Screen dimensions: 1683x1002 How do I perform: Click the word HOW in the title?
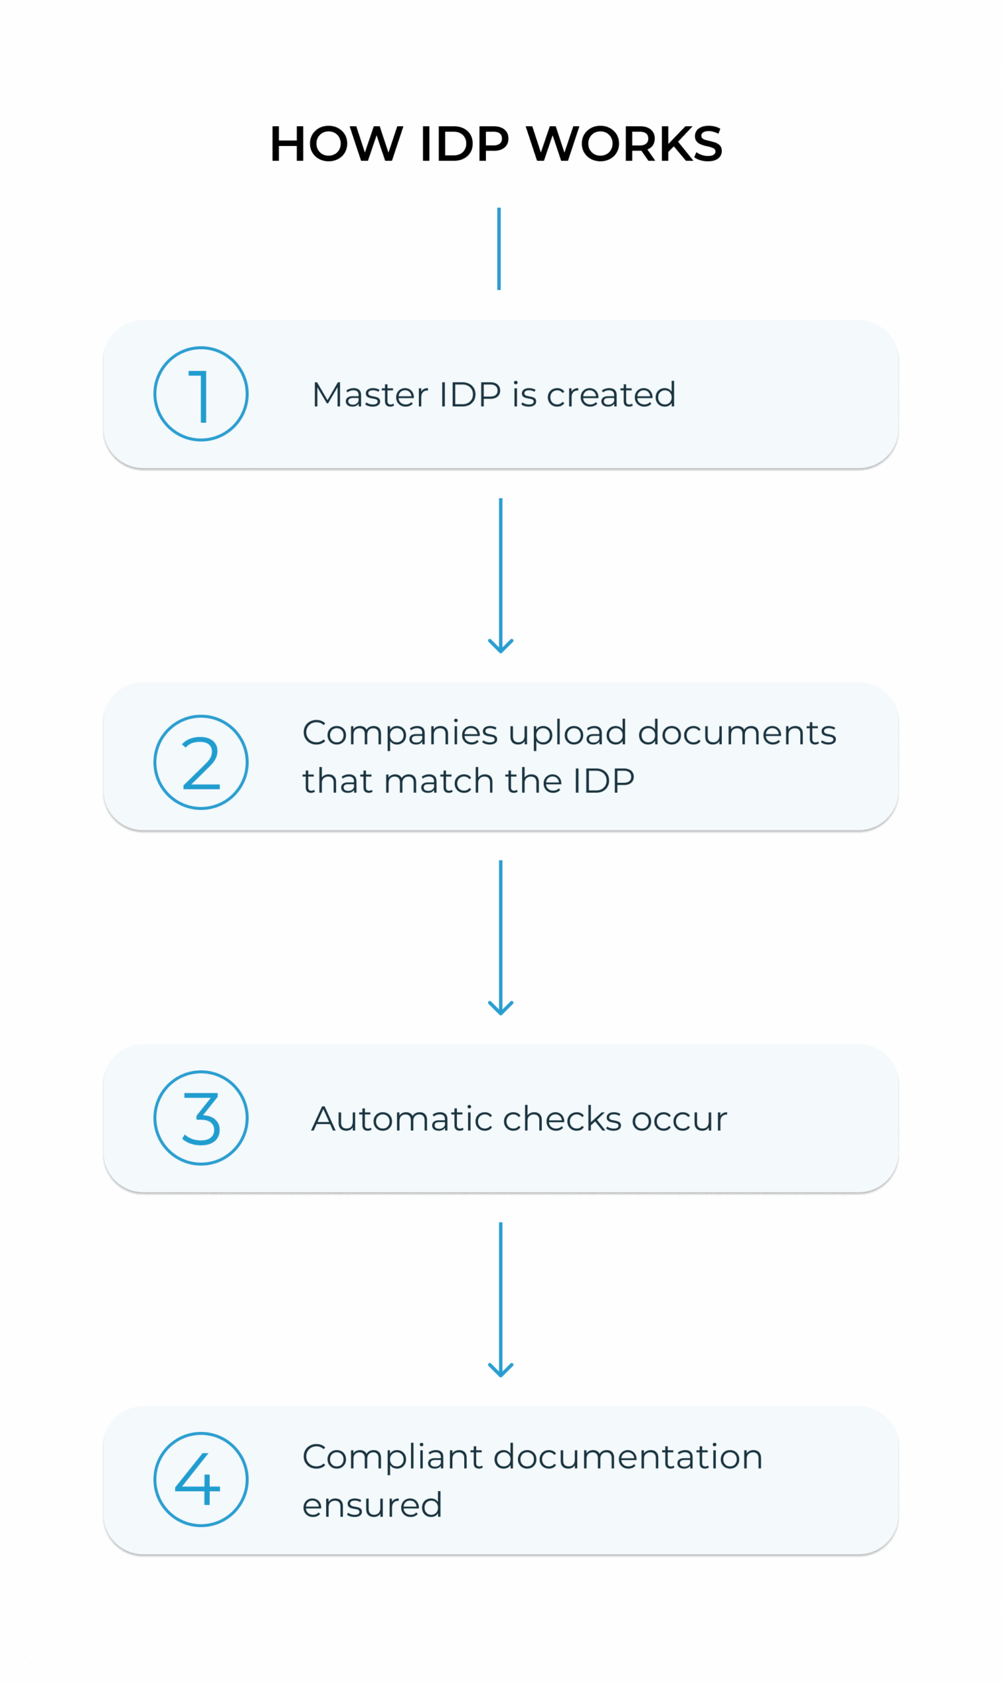[x=335, y=144]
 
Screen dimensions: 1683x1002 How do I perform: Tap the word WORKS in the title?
[x=625, y=144]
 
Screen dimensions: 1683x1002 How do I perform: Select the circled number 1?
[x=201, y=394]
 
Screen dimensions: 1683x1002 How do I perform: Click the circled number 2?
[x=201, y=762]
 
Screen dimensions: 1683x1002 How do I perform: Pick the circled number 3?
[x=201, y=1118]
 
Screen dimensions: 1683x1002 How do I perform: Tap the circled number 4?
[x=201, y=1479]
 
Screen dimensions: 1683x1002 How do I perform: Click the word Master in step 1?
[x=370, y=395]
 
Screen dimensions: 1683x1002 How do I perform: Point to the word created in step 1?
[x=611, y=395]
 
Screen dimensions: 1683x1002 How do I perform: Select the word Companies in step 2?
[x=400, y=733]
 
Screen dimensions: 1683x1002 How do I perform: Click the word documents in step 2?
[x=736, y=733]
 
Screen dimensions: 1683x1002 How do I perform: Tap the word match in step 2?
[x=439, y=781]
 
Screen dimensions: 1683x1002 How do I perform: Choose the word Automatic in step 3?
[x=402, y=1119]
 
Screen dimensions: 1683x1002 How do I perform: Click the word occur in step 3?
[x=679, y=1120]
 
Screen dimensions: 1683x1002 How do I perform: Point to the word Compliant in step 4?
[x=393, y=1457]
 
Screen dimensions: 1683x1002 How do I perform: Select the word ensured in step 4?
[x=372, y=1505]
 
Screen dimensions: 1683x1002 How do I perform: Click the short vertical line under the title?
[x=499, y=249]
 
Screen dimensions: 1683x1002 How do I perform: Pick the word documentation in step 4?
[x=628, y=1457]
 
